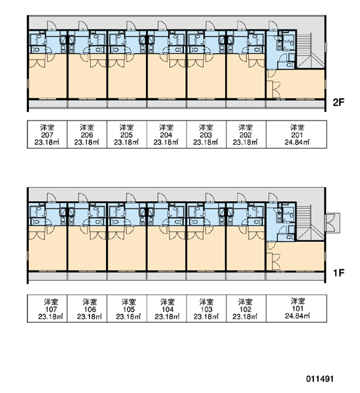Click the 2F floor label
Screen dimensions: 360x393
coord(338,102)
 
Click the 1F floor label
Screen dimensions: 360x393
coord(338,273)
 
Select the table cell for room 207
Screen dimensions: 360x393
coord(47,134)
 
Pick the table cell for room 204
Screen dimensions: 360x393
coord(167,134)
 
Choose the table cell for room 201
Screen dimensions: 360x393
coord(297,134)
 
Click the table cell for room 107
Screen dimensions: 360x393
coord(47,309)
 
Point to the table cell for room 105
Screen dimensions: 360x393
coord(127,309)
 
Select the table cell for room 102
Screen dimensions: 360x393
coord(246,309)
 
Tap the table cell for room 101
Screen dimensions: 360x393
coord(297,309)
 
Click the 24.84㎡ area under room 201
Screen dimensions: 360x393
coord(297,142)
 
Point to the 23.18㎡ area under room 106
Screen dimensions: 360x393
coord(90,316)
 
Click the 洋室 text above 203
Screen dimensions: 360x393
coord(206,127)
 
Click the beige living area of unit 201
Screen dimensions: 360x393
coord(300,84)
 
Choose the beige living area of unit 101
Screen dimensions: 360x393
coord(300,256)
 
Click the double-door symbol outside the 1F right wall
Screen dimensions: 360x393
coord(333,223)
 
